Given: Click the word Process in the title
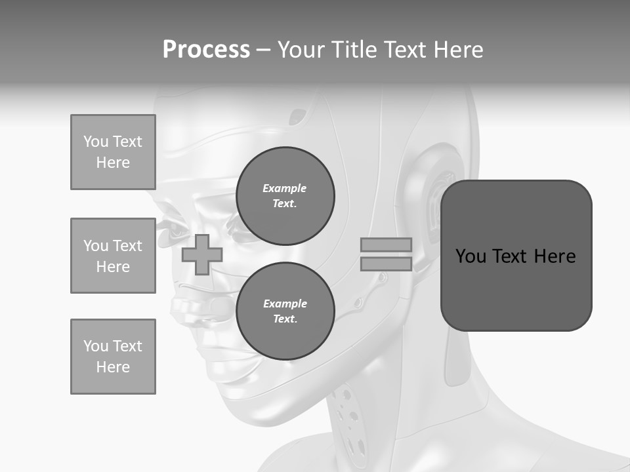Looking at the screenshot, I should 206,50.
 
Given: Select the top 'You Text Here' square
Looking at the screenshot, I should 113,152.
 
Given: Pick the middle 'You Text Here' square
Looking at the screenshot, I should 113,256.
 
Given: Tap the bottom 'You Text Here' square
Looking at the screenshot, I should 113,357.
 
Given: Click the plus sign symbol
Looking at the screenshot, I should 201,255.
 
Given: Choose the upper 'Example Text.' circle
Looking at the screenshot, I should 285,196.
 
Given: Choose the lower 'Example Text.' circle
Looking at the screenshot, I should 285,311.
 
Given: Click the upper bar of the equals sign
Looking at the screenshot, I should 386,245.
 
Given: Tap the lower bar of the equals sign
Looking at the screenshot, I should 386,264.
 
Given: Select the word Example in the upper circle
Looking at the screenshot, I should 285,188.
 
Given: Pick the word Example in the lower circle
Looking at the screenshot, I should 285,304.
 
